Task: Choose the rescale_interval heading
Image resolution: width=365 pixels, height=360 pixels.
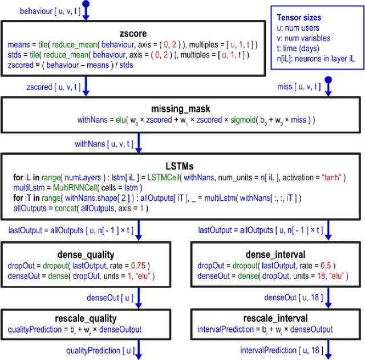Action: (277, 318)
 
